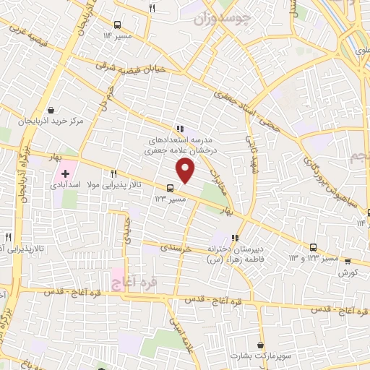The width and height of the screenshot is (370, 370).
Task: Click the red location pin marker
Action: click(x=186, y=171)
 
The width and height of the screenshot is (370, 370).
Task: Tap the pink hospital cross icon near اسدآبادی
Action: click(x=65, y=173)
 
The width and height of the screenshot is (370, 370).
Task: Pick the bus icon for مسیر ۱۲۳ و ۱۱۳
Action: click(x=313, y=247)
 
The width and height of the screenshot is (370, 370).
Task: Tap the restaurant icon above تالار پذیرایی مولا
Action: click(x=113, y=173)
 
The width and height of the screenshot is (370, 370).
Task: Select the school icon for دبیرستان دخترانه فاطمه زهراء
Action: click(x=234, y=238)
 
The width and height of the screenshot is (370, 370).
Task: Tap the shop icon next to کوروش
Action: click(x=348, y=262)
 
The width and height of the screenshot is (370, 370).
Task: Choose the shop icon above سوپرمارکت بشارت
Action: click(x=258, y=345)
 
